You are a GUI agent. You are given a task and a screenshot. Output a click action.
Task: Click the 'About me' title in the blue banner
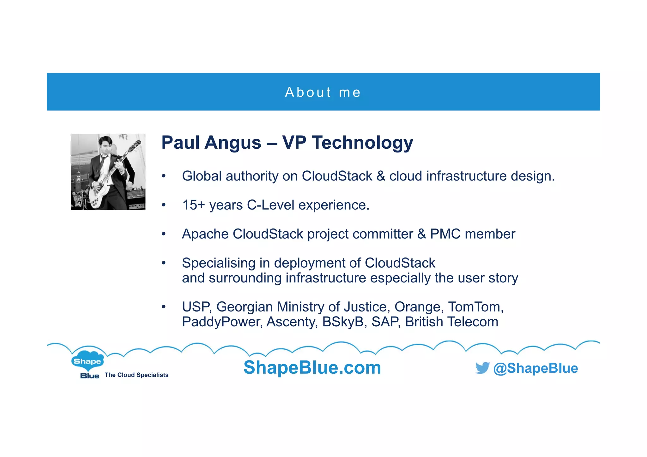tap(323, 92)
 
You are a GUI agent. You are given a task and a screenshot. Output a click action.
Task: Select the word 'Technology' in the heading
tap(362, 143)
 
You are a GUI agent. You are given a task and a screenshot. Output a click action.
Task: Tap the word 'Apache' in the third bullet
tap(205, 234)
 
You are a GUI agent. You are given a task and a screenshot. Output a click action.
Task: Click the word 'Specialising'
tap(218, 263)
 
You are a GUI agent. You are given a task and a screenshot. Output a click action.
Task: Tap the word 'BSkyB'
tap(344, 322)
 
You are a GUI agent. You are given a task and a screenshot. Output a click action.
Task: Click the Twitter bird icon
tap(482, 368)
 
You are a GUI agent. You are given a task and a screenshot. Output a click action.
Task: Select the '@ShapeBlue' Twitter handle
tap(535, 368)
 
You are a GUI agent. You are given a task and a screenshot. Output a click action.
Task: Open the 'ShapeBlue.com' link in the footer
tap(312, 368)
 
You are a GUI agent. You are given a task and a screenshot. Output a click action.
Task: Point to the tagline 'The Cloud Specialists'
tap(136, 375)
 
